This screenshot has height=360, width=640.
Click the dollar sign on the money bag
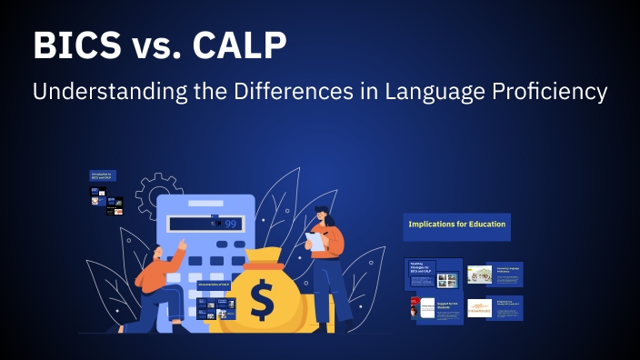pyautogui.click(x=262, y=300)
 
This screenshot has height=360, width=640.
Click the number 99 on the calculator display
pyautogui.click(x=230, y=224)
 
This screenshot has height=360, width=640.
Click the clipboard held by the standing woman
pyautogui.click(x=315, y=241)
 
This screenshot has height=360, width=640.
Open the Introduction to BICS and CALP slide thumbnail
pyautogui.click(x=102, y=175)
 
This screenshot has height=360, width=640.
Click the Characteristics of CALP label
pyautogui.click(x=214, y=285)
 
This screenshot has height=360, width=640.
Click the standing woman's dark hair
pyautogui.click(x=325, y=215)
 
